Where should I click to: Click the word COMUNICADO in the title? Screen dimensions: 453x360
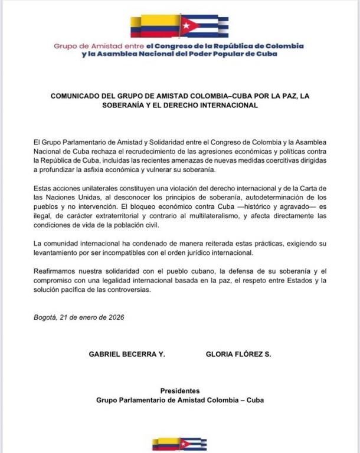[73, 97]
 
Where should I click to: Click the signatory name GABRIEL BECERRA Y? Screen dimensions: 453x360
[126, 354]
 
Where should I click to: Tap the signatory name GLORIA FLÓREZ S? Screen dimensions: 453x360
[238, 354]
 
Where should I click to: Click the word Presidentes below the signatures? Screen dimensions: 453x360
[180, 390]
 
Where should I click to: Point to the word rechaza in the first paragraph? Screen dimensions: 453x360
[102, 151]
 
